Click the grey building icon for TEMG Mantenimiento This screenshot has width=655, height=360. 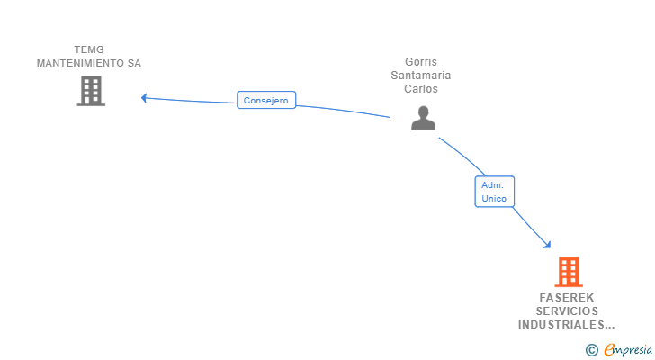tap(90, 91)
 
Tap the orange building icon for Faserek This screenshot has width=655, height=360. tap(568, 271)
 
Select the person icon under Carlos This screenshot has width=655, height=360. tap(423, 118)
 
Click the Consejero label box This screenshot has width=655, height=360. tap(266, 101)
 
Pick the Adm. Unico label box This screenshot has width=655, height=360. tap(494, 192)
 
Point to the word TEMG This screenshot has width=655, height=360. tap(89, 49)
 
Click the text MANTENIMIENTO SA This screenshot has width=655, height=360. tap(89, 63)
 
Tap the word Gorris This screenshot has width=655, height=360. tap(420, 62)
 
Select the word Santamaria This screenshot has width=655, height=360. tap(420, 76)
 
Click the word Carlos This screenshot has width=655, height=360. tap(420, 89)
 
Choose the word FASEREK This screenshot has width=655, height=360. tap(568, 297)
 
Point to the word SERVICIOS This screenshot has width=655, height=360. tap(568, 310)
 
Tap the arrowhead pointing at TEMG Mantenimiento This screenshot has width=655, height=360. tap(144, 98)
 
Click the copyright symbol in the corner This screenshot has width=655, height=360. tap(591, 350)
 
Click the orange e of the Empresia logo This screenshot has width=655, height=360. tap(609, 350)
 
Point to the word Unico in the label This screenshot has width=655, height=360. tap(494, 198)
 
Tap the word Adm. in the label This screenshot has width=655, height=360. tap(491, 184)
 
